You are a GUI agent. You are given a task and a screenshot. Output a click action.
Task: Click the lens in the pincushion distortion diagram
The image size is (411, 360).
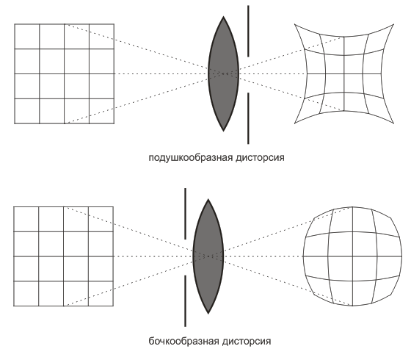(223, 73)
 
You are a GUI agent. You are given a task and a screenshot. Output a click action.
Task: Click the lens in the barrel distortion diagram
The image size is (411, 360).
(208, 256)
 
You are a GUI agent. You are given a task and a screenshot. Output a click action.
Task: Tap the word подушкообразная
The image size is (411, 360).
(191, 158)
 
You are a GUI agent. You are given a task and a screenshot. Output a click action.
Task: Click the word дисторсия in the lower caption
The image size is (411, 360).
(246, 342)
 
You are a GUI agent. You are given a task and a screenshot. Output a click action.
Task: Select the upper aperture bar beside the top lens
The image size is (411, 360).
(248, 31)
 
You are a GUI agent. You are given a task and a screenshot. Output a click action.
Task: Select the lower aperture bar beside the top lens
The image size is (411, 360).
(248, 118)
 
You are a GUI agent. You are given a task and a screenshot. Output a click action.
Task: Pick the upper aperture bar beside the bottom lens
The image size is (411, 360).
(185, 214)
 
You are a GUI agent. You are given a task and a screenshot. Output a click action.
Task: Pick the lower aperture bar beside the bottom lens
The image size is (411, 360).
(185, 300)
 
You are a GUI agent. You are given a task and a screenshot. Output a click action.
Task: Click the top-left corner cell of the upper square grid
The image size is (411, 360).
(27, 37)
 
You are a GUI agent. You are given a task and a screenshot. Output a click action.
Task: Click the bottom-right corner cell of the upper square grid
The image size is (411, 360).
(102, 111)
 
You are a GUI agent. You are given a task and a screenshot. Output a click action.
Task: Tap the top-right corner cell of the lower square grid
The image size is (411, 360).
(101, 219)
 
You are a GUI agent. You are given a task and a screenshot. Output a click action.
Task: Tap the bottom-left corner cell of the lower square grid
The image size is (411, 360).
(26, 294)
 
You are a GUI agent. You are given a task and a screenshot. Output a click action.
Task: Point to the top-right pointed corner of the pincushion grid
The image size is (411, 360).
(393, 24)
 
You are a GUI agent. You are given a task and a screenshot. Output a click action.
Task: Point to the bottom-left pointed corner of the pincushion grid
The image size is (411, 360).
(294, 123)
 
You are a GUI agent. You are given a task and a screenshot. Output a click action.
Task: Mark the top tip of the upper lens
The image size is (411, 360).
(223, 16)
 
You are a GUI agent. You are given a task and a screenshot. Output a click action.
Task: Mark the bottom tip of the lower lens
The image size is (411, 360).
(208, 314)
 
